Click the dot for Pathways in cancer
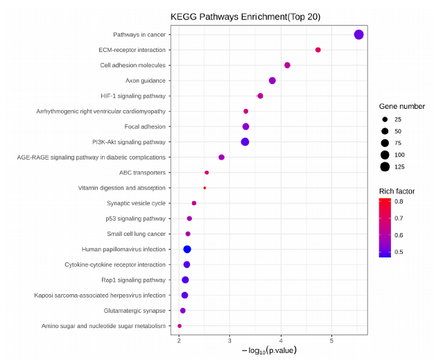click(358, 35)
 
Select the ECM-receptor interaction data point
click(318, 50)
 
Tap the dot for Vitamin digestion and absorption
click(205, 188)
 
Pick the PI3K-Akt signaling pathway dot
click(245, 142)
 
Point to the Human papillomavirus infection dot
click(187, 249)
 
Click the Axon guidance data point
click(272, 80)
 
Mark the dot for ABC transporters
click(207, 173)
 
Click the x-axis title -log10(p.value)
click(269, 350)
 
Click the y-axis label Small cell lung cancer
click(137, 234)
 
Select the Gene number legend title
click(402, 106)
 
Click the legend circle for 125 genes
click(385, 166)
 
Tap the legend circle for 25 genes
click(385, 119)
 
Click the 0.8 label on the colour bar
click(399, 202)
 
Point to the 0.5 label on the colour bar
click(399, 252)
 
